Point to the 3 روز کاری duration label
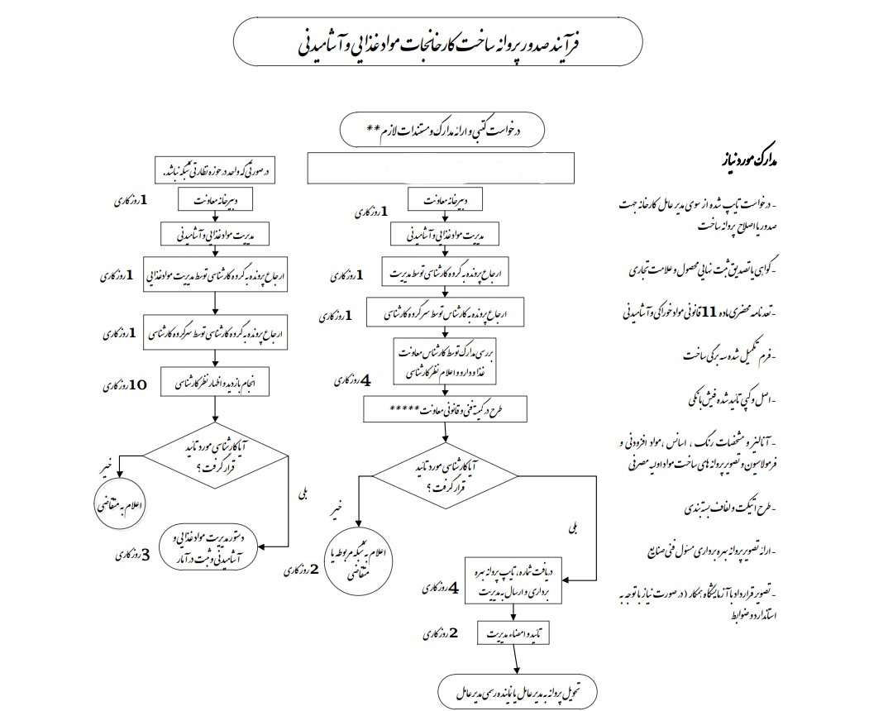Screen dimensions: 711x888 tap(134, 555)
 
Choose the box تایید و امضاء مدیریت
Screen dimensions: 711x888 tap(515, 634)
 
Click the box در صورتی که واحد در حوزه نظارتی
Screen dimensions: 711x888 tap(214, 172)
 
